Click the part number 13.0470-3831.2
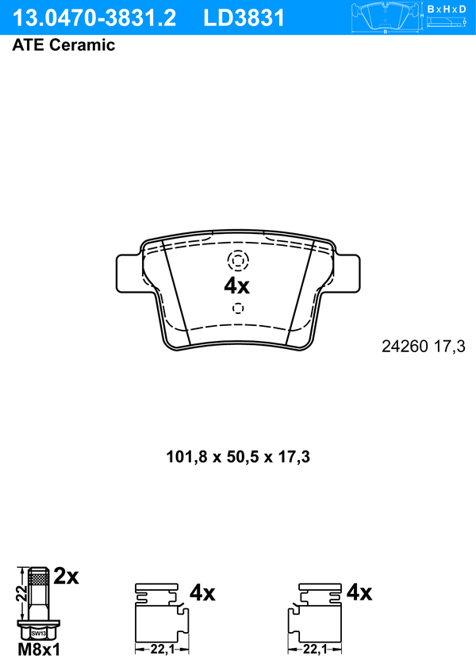[94, 18]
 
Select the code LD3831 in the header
[244, 18]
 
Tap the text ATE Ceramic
[63, 45]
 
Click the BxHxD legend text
[447, 9]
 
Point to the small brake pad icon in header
[386, 17]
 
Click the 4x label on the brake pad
[237, 286]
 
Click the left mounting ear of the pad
[128, 273]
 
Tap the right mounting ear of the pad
[347, 273]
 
